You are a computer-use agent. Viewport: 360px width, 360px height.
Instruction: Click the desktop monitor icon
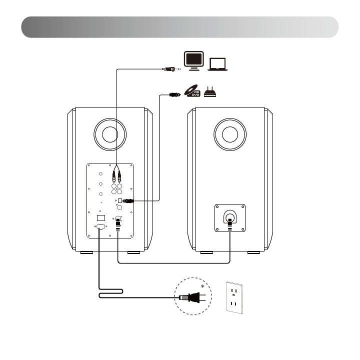pos(193,60)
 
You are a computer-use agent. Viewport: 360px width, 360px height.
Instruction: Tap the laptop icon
pos(217,63)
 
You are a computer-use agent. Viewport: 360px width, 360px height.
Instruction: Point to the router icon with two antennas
pos(212,92)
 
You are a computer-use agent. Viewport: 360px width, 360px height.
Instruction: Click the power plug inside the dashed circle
pos(188,297)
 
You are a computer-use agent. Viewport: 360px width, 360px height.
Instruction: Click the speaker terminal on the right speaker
pos(229,218)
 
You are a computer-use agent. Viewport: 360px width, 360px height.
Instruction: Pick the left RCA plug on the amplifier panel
pos(114,175)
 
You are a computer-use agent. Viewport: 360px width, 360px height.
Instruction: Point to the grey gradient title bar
pos(180,27)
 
